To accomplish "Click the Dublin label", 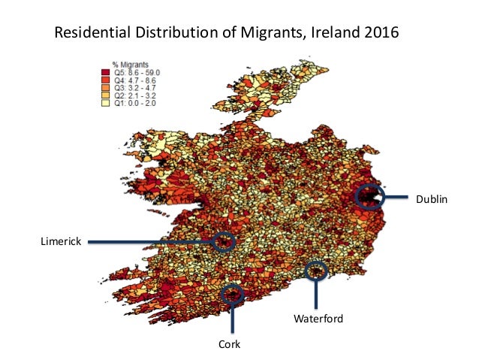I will (432, 199).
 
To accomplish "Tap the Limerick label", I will (59, 241).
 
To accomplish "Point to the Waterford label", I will (318, 319).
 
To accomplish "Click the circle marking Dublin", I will (369, 197).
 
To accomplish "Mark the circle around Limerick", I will (224, 241).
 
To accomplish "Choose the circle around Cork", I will (233, 293).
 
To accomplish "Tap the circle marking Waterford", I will (317, 271).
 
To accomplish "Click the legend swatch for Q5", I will (107, 72).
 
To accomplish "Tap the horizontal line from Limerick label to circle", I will (150, 241).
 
